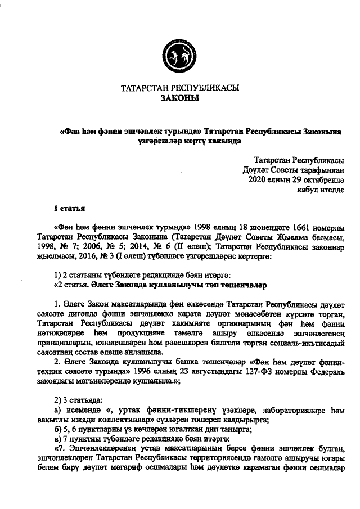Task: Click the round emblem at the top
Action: click(179, 56)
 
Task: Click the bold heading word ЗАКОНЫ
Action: click(179, 98)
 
